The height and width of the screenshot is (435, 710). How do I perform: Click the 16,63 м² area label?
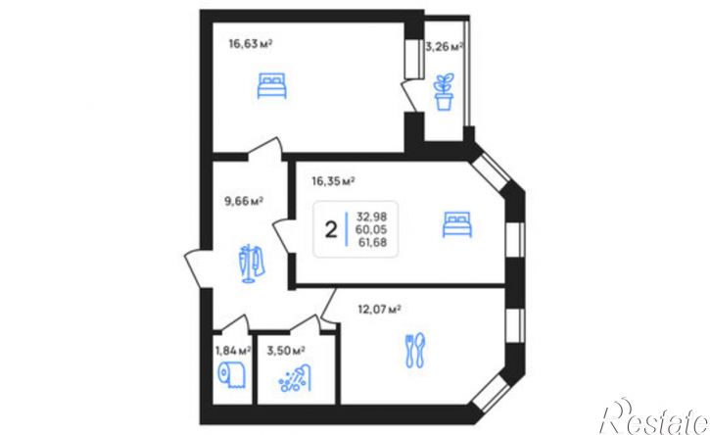(251, 44)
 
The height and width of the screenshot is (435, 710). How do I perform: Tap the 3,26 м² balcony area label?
(444, 47)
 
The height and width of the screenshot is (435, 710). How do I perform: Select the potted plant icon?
(444, 92)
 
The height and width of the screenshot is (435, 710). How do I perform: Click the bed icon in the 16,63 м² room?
(271, 85)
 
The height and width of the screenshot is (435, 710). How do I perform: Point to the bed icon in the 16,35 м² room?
(457, 224)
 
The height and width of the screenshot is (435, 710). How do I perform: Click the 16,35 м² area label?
(333, 181)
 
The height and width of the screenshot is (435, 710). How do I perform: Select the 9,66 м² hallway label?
(244, 201)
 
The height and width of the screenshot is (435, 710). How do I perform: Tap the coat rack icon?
(252, 264)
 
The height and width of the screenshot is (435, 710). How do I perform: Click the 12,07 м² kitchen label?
(379, 310)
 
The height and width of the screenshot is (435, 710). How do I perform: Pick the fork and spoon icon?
(415, 350)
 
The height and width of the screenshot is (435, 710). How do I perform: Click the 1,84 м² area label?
(233, 351)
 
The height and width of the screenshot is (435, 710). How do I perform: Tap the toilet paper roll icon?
(232, 375)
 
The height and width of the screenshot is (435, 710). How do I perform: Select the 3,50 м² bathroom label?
(286, 351)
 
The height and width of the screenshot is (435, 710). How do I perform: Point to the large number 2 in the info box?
(331, 230)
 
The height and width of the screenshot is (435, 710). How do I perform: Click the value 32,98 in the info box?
(372, 217)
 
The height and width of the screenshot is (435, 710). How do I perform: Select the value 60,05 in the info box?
(371, 229)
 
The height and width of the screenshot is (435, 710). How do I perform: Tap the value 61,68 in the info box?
(373, 242)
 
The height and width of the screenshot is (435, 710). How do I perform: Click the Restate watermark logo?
(655, 417)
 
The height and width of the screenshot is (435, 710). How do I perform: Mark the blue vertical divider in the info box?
(347, 229)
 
